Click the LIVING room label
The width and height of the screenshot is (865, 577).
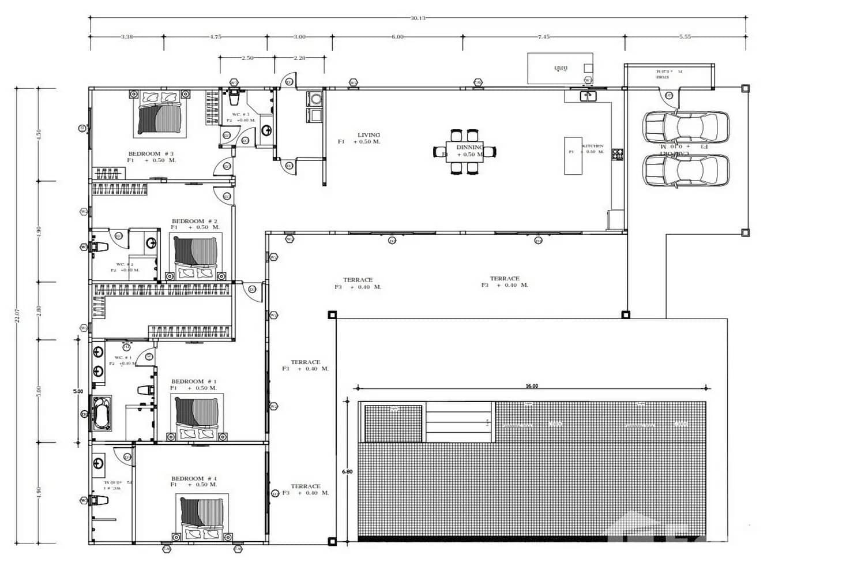click(368, 135)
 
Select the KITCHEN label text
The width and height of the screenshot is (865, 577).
click(593, 146)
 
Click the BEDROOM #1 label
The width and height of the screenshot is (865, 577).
click(194, 381)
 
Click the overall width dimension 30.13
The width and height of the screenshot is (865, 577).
click(418, 18)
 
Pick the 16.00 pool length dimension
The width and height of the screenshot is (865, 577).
click(531, 386)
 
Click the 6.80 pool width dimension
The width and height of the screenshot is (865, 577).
click(347, 471)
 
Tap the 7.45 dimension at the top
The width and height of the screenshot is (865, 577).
click(543, 36)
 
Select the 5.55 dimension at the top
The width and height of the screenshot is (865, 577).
click(685, 36)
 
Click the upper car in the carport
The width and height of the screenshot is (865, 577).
click(686, 126)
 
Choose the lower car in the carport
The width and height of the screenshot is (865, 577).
click(686, 171)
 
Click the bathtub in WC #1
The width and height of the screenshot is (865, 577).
click(103, 413)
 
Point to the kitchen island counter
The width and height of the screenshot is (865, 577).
click(573, 156)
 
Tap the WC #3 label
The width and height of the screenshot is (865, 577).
click(240, 115)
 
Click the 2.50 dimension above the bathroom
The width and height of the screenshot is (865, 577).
click(247, 58)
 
